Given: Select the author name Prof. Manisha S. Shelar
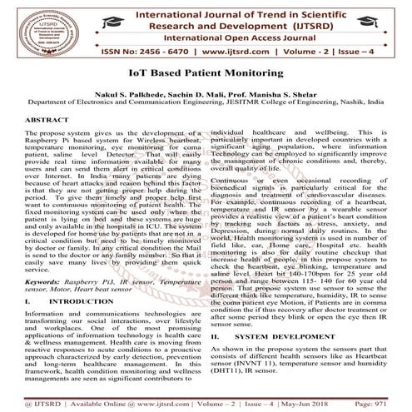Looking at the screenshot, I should coord(271,97).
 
